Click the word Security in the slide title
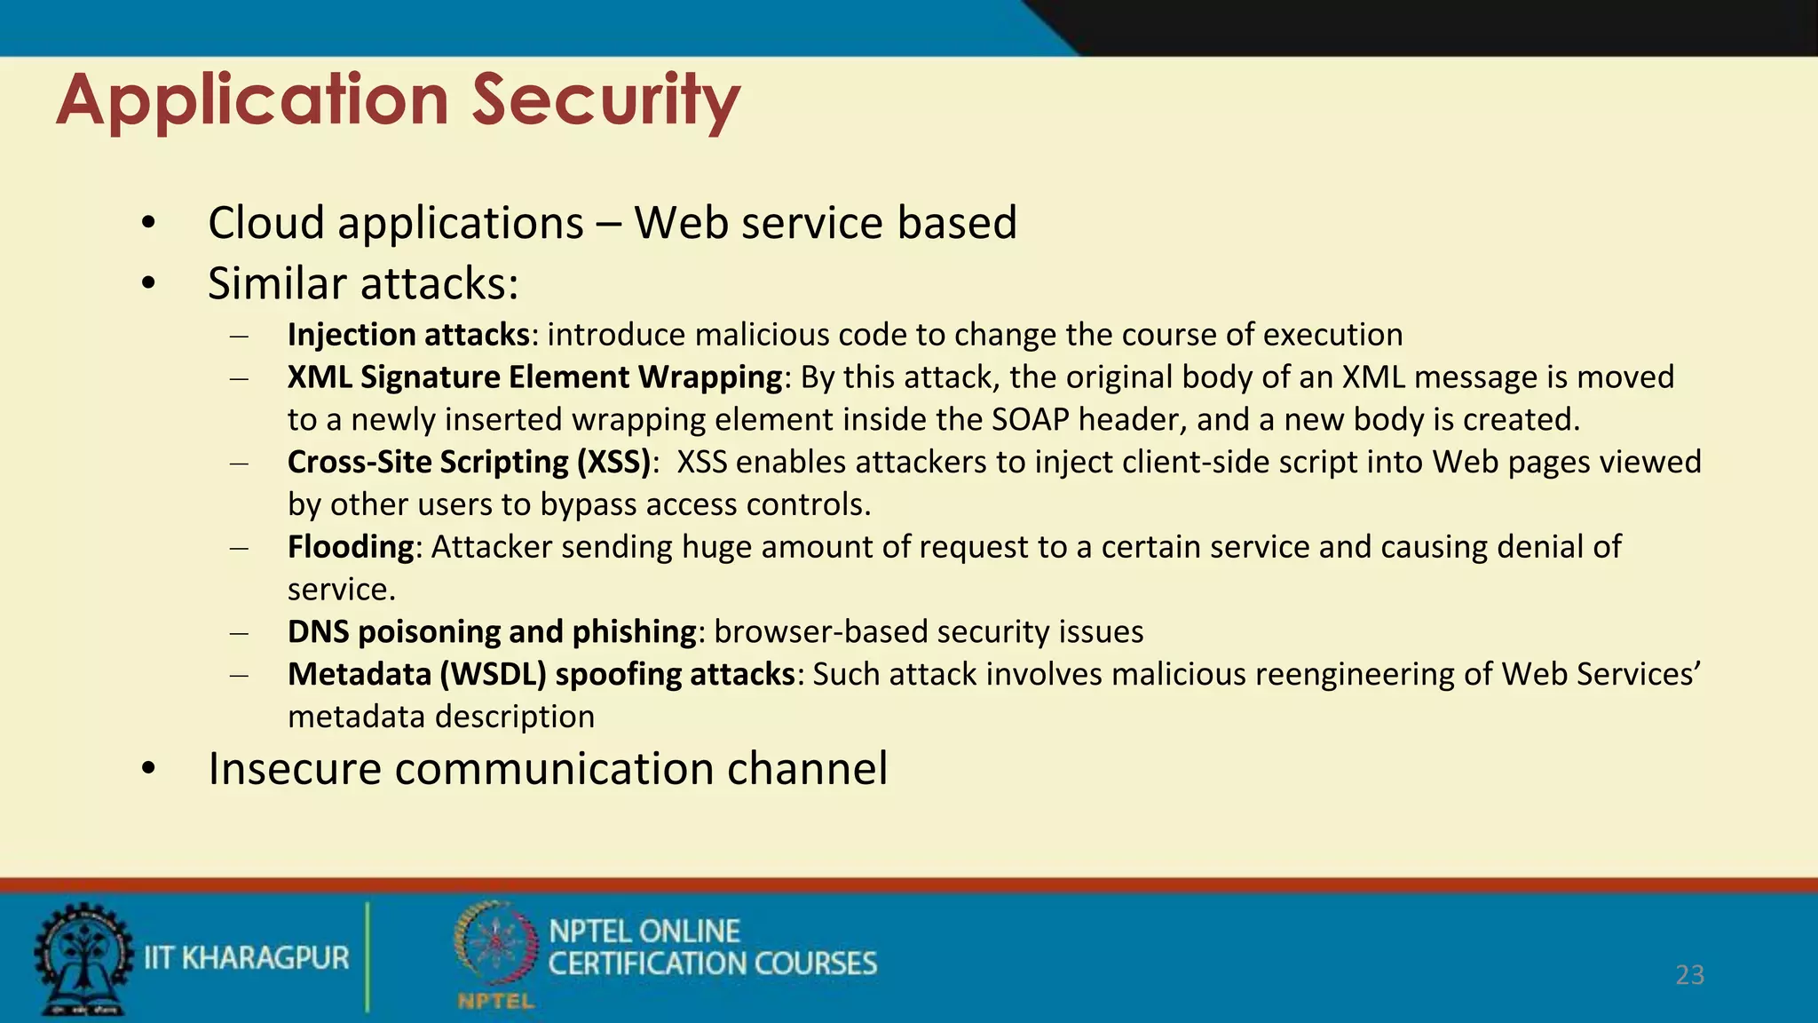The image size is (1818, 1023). [x=605, y=99]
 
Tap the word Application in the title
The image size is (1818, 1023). [x=253, y=99]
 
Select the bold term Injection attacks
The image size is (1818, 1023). [x=408, y=335]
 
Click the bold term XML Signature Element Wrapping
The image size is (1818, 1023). [x=534, y=377]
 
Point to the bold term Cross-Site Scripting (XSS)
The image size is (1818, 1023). [x=469, y=462]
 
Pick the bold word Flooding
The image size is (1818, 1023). [x=351, y=547]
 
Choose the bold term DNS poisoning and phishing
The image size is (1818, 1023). [x=492, y=631]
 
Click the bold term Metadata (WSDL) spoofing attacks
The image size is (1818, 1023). [x=541, y=674]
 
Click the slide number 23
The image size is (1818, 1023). [x=1689, y=975]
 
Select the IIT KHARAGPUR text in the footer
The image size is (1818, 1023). [x=247, y=958]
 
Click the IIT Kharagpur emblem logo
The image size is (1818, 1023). [x=82, y=959]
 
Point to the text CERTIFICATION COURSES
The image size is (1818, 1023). [x=712, y=964]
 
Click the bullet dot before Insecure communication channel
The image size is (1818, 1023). [x=148, y=769]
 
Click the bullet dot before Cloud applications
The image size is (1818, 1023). [x=148, y=223]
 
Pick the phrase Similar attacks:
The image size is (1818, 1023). [x=363, y=283]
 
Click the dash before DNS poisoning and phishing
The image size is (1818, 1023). [x=238, y=632]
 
